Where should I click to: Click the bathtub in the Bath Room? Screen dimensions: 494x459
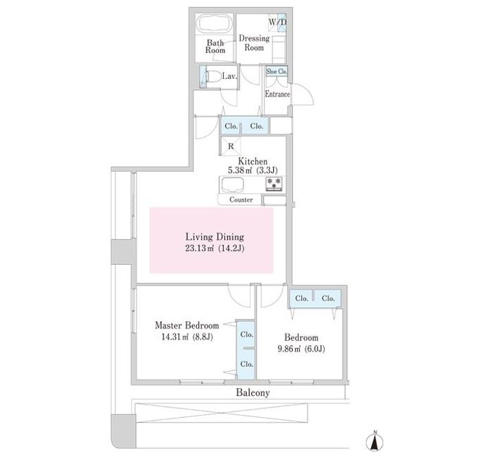tap(215, 24)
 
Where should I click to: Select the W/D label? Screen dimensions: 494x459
tap(278, 23)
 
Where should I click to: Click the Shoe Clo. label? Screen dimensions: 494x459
tap(277, 71)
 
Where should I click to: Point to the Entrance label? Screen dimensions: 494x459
tap(277, 94)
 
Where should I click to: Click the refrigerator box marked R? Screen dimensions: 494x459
tap(231, 146)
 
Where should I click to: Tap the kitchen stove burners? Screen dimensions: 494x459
tap(274, 184)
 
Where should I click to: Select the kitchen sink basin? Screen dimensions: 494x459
tap(233, 185)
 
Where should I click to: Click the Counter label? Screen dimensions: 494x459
tap(241, 200)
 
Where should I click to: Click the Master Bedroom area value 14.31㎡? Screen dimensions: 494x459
tap(175, 337)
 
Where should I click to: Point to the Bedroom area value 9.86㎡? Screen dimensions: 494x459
tap(290, 349)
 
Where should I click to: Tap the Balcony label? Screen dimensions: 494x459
tap(252, 392)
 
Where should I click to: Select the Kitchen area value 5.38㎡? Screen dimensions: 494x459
tap(240, 170)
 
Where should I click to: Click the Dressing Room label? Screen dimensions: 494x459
tap(255, 43)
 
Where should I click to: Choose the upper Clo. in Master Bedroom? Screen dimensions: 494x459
tap(247, 334)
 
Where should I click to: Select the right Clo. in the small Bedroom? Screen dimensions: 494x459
tap(328, 298)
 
